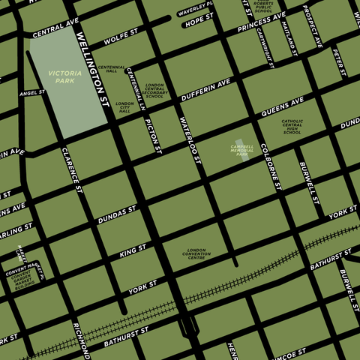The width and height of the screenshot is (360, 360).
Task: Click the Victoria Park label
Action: click(x=63, y=76)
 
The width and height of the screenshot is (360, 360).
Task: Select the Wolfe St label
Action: click(x=121, y=36)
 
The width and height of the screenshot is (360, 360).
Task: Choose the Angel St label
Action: click(x=32, y=93)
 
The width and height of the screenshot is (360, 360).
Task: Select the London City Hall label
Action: click(x=125, y=107)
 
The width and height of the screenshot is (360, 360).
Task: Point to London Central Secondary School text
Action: click(x=154, y=91)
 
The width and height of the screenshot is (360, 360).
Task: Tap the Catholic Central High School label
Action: click(x=292, y=127)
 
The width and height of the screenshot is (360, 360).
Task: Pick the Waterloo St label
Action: click(x=190, y=140)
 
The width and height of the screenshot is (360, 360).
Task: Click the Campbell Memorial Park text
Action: click(x=242, y=150)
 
